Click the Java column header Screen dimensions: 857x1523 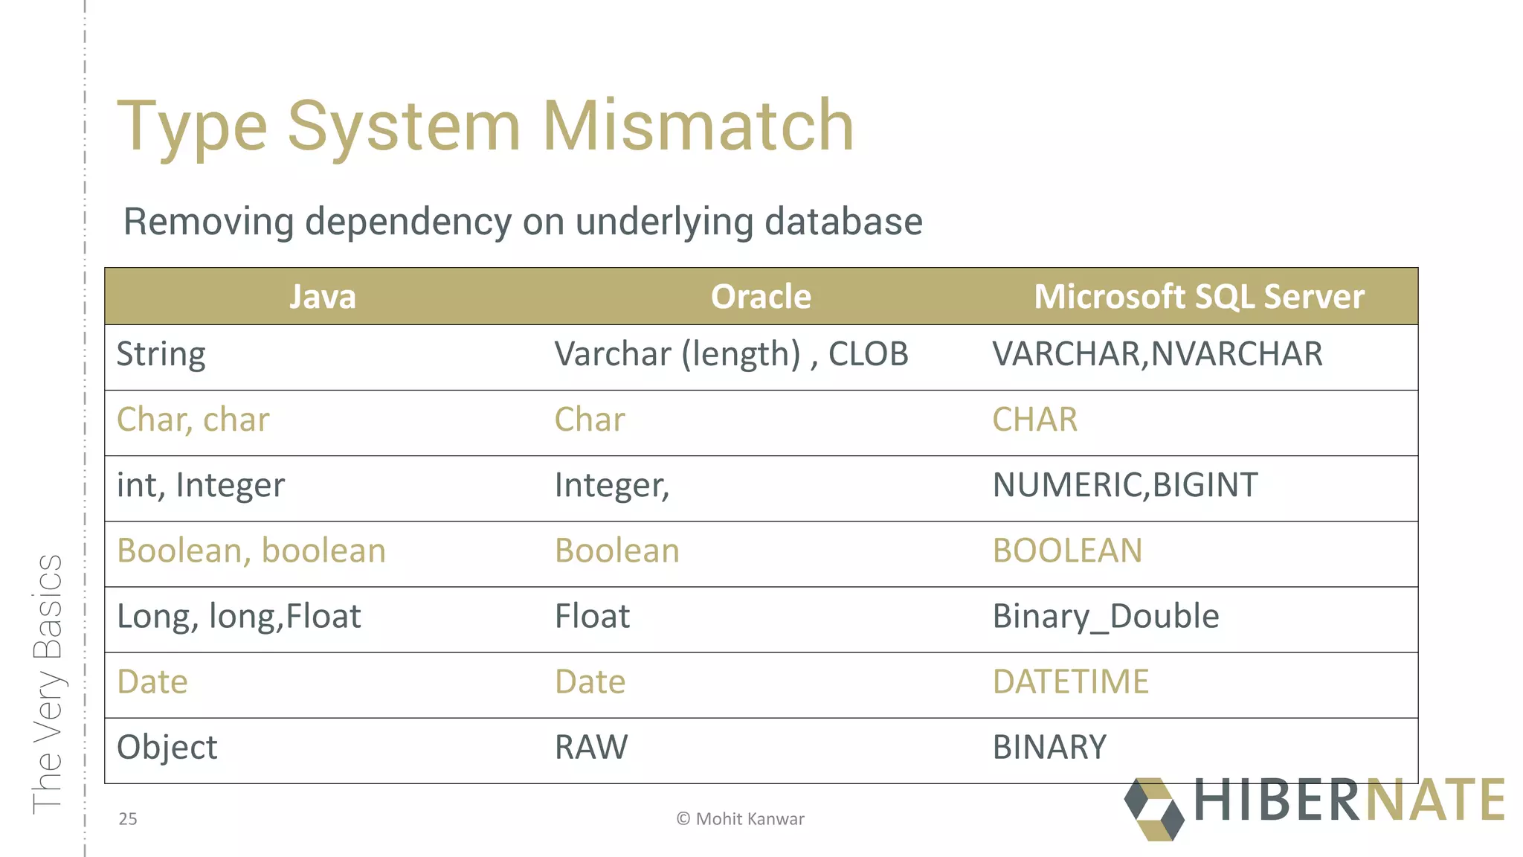tap(323, 297)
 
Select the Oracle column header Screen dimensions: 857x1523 tap(761, 297)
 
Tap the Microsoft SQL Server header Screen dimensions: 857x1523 tap(1199, 297)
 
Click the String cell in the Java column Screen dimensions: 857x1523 tap(161, 355)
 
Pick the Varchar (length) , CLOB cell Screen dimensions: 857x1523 tap(731, 355)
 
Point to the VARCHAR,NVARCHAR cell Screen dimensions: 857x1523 tap(1157, 355)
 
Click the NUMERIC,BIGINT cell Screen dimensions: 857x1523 tap(1125, 486)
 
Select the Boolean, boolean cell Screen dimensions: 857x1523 tap(251, 551)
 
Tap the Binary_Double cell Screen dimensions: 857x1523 tap(1106, 617)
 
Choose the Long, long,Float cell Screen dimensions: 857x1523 tap(239, 617)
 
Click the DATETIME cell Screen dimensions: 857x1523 tap(1071, 682)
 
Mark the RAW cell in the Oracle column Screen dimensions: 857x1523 tap(591, 748)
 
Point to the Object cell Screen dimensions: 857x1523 tap(167, 748)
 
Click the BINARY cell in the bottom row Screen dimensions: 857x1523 tap(1049, 748)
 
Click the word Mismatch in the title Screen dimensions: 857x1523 tap(698, 126)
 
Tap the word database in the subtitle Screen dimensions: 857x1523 tap(843, 222)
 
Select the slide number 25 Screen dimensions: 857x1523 tap(128, 819)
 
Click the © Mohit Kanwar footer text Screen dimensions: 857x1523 tap(741, 819)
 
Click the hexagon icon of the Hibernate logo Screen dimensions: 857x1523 tap(1154, 809)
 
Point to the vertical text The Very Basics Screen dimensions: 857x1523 tap(48, 683)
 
